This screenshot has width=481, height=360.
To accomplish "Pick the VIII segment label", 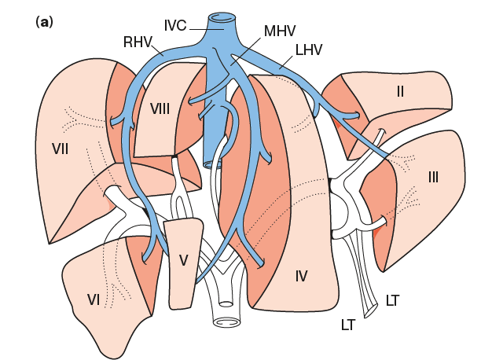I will [160, 108].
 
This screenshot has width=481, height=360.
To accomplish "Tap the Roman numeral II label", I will [400, 91].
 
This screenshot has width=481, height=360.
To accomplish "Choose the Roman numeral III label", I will [433, 177].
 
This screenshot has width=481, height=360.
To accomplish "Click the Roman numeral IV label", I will [301, 275].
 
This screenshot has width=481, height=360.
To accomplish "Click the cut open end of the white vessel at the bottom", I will [226, 322].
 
